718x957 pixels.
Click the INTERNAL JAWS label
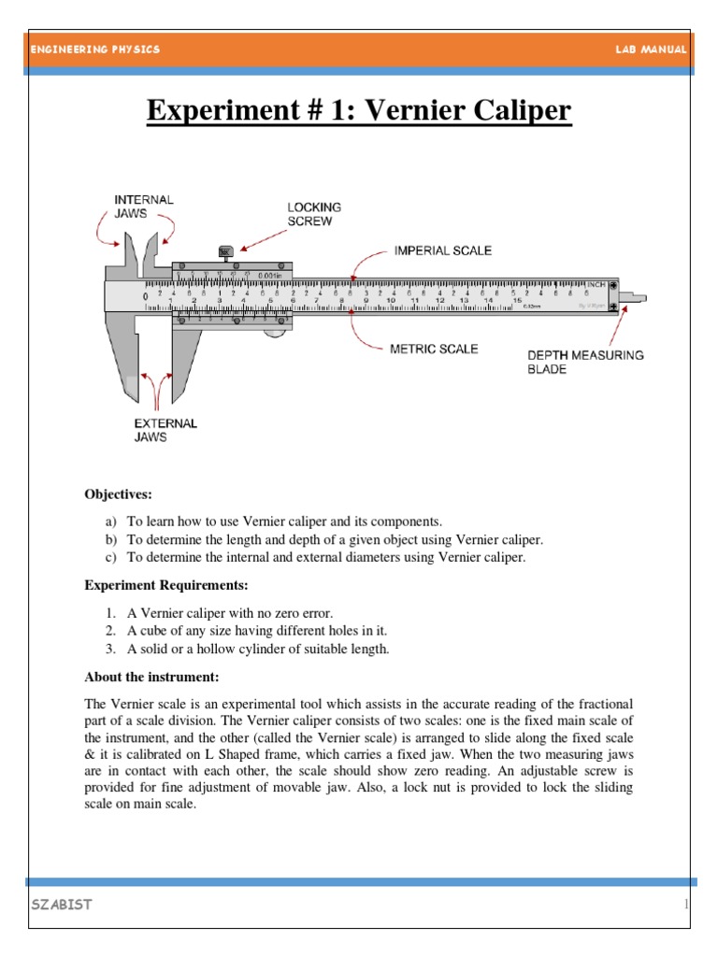[143, 207]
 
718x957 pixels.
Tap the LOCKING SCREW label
[314, 213]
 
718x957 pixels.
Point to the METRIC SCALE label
[434, 349]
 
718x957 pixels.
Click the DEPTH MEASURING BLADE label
[585, 362]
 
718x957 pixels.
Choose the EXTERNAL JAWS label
[165, 430]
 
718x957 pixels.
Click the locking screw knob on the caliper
[224, 251]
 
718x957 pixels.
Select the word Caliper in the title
[511, 112]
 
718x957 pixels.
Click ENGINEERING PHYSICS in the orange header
[94, 50]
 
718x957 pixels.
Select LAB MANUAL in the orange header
[652, 50]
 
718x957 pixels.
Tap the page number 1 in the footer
[685, 905]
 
